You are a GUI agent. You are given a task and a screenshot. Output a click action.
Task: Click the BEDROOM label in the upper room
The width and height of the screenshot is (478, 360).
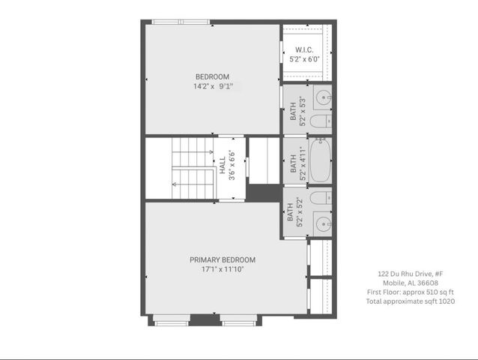click(212, 76)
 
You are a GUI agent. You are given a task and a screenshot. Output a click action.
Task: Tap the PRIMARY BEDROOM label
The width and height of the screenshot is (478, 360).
click(222, 259)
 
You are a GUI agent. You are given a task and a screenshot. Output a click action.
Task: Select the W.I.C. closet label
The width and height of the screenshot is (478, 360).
click(304, 49)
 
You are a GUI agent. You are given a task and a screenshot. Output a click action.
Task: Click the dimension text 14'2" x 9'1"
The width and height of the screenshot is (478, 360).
click(213, 87)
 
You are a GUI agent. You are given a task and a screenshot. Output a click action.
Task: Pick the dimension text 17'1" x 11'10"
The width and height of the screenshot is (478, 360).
click(223, 268)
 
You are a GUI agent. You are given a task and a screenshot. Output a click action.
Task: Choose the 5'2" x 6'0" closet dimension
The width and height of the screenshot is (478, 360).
click(304, 59)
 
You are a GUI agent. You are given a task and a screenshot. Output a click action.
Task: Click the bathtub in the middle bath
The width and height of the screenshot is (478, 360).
click(320, 160)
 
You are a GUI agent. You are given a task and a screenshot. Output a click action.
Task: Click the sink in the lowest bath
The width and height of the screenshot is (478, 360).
click(323, 223)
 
